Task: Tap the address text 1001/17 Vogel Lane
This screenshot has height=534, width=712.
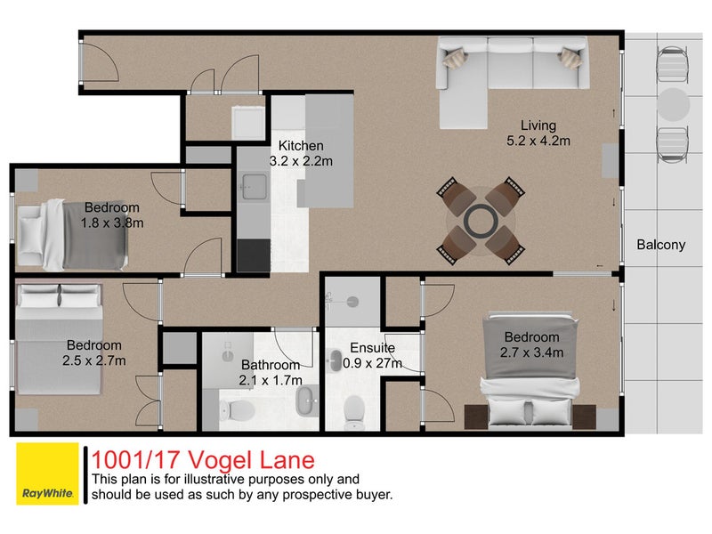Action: [203, 459]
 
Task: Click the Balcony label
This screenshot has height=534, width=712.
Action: [660, 245]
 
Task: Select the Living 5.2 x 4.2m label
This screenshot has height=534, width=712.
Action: [538, 133]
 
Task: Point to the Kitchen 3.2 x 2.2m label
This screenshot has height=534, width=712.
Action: [301, 153]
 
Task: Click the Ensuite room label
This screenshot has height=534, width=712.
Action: [371, 355]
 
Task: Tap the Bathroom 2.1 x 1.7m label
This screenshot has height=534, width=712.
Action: [270, 372]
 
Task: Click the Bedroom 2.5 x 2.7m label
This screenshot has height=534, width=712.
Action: [93, 352]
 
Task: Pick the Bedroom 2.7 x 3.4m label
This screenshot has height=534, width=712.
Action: [531, 344]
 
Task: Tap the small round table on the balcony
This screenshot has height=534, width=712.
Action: [674, 102]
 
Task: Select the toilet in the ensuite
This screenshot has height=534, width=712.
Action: [353, 409]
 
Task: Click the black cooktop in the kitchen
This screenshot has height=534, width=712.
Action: [253, 255]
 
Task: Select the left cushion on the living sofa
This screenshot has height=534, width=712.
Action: [455, 59]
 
